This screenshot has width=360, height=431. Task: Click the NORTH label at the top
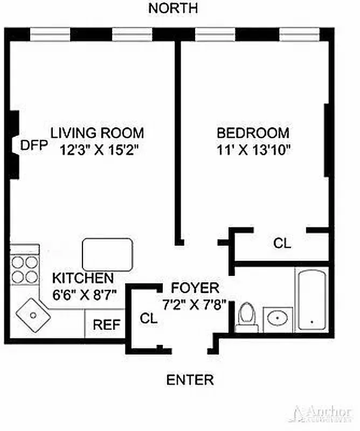pos(173,9)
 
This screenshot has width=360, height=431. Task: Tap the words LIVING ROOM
pos(98,133)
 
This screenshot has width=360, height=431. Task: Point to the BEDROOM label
pos(253,133)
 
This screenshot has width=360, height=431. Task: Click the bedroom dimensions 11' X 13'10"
pos(253,149)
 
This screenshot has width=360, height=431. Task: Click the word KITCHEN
pos(83,279)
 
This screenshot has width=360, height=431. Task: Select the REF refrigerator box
pos(106,325)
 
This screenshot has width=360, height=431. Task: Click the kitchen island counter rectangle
pos(107,254)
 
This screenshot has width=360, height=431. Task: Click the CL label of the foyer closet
pos(149,318)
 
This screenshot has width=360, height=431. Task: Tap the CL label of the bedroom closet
pos(282,244)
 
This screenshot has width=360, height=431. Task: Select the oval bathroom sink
pos(278,318)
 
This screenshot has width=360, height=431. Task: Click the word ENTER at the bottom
pos(190,380)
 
